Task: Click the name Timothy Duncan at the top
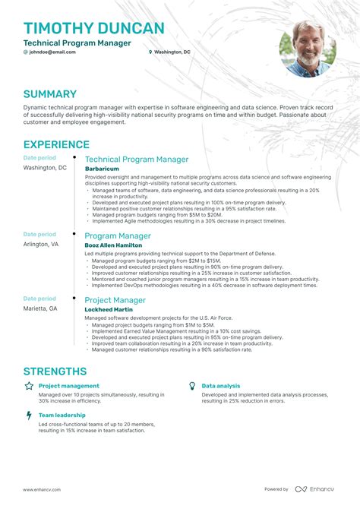[x=93, y=29]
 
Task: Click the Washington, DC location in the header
[x=172, y=52]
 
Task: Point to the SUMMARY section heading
[x=49, y=94]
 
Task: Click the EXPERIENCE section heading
[x=56, y=144]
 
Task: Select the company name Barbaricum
[x=103, y=168]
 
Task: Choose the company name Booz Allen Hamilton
[x=112, y=245]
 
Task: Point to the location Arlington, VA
[x=41, y=245]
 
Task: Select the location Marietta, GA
[x=40, y=308]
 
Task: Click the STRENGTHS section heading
[x=55, y=371]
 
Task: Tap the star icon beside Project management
[x=29, y=387]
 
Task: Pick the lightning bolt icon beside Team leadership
[x=29, y=416]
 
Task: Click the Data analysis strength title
[x=221, y=387]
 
